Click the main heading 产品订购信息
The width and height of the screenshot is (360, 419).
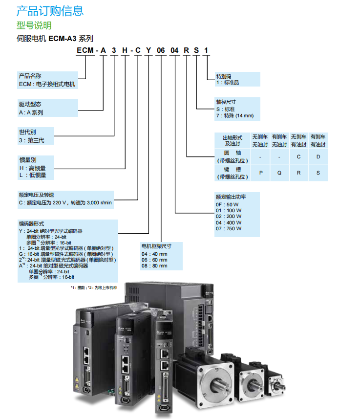pos(50,10)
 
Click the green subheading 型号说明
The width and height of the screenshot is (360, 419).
pos(34,25)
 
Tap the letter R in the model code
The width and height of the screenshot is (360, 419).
pos(186,50)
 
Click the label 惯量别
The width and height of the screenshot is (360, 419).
pos(27,160)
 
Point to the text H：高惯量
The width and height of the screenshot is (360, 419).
pos(33,168)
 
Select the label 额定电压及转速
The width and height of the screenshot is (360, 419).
pos(37,195)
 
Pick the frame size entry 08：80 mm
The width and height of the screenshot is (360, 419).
pos(154,266)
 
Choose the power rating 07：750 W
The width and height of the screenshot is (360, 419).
pos(228,228)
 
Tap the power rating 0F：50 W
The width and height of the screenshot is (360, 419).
pos(227,204)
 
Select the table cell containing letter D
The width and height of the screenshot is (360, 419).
pos(318,157)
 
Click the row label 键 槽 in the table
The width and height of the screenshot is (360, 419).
pos(232,169)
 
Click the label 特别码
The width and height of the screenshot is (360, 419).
pos(224,76)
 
